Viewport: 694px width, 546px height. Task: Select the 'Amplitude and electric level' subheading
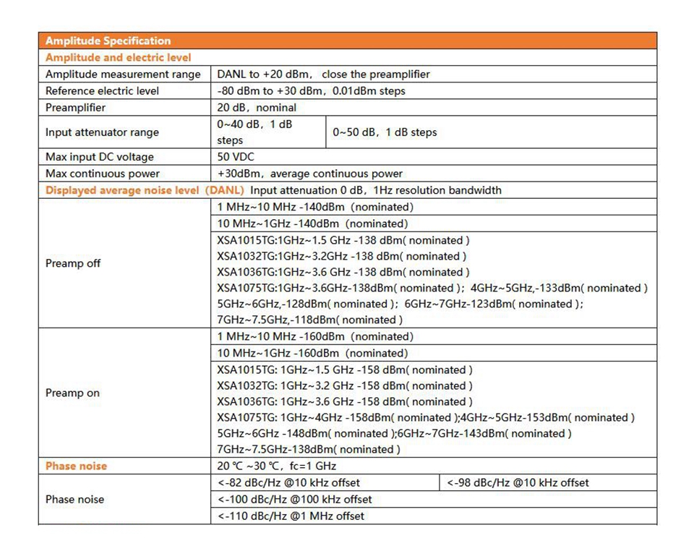click(x=118, y=57)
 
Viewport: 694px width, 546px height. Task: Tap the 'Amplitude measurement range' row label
click(x=123, y=74)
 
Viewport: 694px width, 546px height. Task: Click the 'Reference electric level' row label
click(x=102, y=91)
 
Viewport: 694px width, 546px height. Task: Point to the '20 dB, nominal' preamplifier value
click(x=257, y=108)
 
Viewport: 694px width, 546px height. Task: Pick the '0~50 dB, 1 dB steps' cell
click(x=385, y=132)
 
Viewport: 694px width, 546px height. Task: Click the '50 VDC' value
click(x=236, y=157)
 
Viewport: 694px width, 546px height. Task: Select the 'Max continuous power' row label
click(x=103, y=174)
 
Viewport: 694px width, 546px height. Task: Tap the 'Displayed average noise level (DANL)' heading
click(x=145, y=190)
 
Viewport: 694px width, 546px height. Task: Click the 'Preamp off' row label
click(x=73, y=263)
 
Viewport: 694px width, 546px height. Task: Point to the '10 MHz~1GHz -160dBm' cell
click(x=312, y=353)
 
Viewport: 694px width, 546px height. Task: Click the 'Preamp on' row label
click(x=72, y=393)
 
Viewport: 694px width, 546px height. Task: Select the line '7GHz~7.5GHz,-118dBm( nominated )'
click(x=309, y=320)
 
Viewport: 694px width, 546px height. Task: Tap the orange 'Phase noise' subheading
click(x=76, y=466)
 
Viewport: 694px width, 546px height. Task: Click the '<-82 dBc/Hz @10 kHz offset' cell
click(x=288, y=482)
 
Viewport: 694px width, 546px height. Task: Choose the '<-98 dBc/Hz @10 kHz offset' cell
click(x=518, y=482)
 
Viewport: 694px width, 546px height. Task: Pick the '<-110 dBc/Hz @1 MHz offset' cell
click(x=291, y=516)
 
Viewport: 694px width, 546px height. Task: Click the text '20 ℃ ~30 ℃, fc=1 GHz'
click(x=277, y=466)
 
